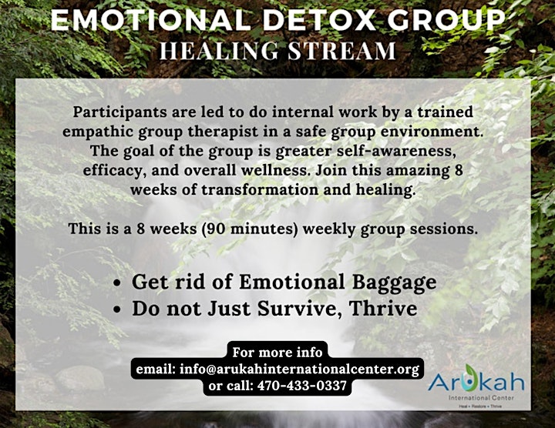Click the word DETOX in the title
pyautogui.click(x=318, y=20)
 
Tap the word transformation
pyautogui.click(x=260, y=190)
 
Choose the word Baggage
pyautogui.click(x=394, y=283)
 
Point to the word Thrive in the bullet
pyautogui.click(x=382, y=308)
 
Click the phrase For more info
pyautogui.click(x=277, y=353)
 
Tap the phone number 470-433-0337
pyautogui.click(x=302, y=386)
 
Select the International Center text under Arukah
pyautogui.click(x=481, y=398)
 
